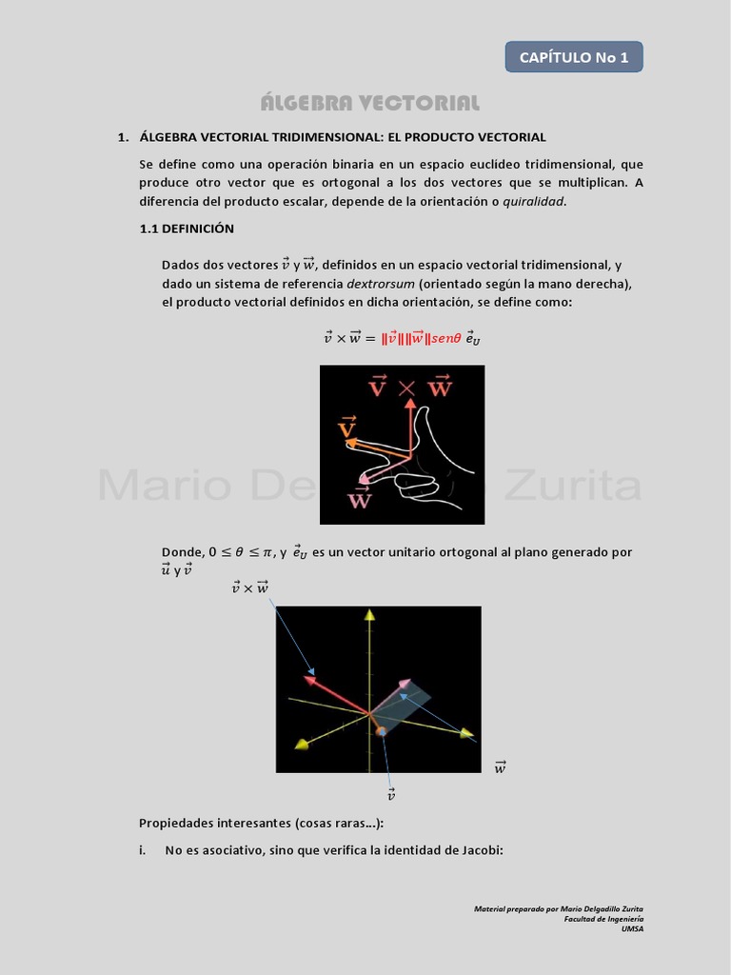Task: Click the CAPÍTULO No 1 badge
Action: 574,57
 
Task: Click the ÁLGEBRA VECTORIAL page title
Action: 370,103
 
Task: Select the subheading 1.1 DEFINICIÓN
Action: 187,229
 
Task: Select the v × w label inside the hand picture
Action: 410,386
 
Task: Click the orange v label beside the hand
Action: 347,428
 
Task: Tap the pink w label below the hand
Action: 360,498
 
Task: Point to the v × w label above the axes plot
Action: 249,587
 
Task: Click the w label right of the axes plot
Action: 500,766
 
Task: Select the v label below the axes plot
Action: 390,793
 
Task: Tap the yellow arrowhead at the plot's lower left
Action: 301,744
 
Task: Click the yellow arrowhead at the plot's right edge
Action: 467,732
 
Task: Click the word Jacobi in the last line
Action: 481,849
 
